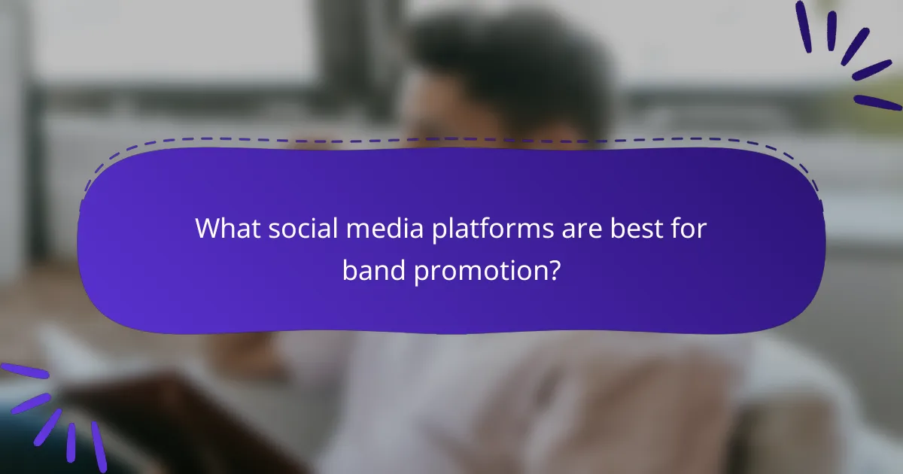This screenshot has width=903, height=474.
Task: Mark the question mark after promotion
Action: [x=553, y=269]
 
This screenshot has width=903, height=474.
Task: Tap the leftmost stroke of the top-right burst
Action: [x=804, y=26]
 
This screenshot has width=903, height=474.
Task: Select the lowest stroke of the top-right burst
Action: [x=877, y=103]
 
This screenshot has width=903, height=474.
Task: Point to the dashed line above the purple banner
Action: [x=451, y=139]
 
